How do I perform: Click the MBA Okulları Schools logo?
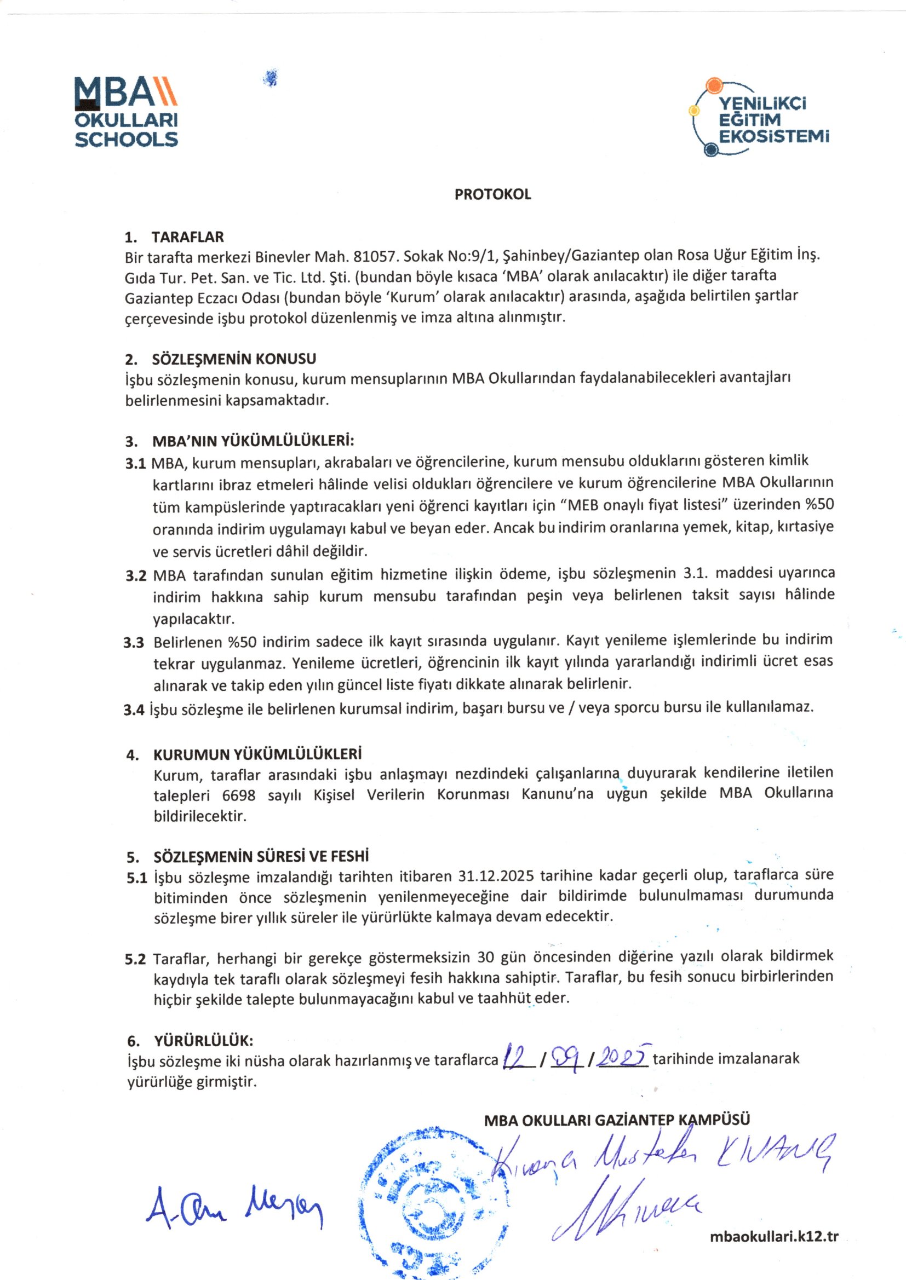[126, 112]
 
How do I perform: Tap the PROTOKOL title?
[492, 194]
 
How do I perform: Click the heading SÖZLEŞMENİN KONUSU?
[234, 359]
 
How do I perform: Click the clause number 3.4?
[134, 710]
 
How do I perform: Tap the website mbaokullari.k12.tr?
[775, 1237]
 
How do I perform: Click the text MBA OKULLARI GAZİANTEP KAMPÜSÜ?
[617, 1119]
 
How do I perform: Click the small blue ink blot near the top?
[271, 78]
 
